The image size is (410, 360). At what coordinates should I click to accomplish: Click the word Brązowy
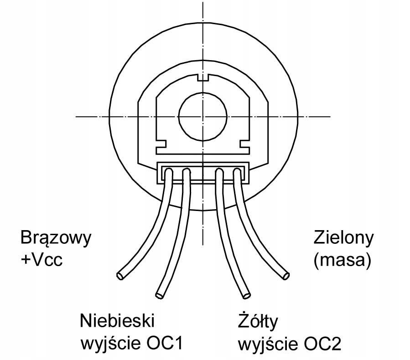point(56,238)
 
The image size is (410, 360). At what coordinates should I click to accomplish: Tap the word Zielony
point(343,238)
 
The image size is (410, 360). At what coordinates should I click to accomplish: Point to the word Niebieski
point(117,321)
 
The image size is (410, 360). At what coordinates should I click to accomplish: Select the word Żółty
point(258,321)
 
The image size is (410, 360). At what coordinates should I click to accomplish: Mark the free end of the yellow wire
point(246,295)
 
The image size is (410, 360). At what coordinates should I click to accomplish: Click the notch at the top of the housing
point(202,77)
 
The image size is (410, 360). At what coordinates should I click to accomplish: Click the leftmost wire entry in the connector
point(168,174)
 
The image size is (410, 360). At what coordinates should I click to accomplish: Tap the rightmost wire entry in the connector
point(237,174)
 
